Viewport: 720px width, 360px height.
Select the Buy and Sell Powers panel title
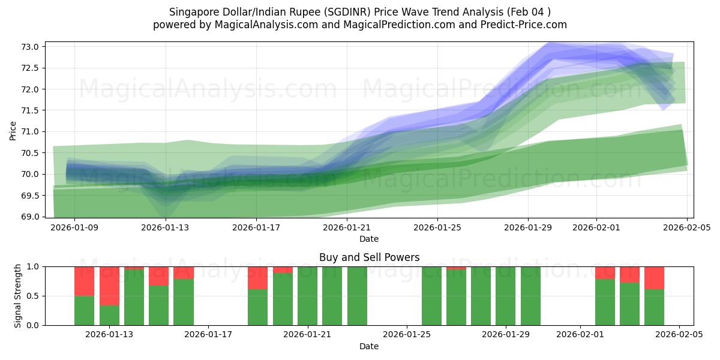click(x=369, y=257)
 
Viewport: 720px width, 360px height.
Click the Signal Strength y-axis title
click(x=18, y=296)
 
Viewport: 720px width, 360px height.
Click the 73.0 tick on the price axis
click(x=31, y=47)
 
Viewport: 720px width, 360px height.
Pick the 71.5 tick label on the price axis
click(x=31, y=110)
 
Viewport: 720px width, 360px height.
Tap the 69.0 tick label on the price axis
click(x=31, y=217)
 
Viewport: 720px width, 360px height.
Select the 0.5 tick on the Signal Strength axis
click(x=33, y=296)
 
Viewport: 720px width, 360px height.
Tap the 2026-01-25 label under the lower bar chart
click(x=407, y=335)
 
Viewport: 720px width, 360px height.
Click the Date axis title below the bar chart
click(x=369, y=346)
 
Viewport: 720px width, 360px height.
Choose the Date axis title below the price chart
click(x=369, y=239)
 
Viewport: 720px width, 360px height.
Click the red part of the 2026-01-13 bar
click(x=109, y=286)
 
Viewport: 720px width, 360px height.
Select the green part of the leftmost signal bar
click(x=84, y=310)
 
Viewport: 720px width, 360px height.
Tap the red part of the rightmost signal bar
click(x=654, y=277)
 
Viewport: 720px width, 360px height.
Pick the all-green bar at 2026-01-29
click(x=506, y=296)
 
